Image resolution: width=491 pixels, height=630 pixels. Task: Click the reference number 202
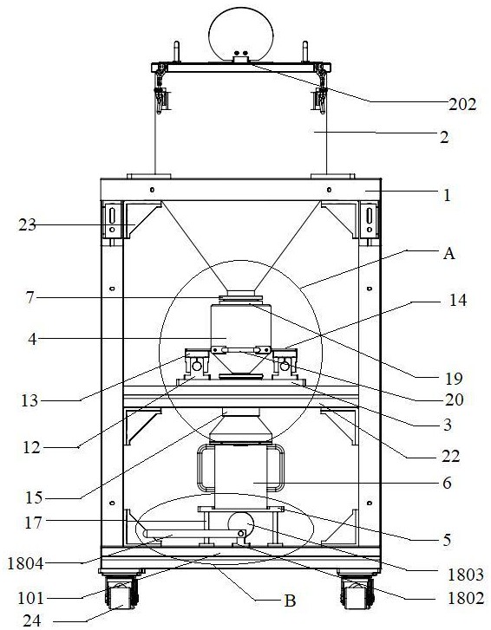(462, 105)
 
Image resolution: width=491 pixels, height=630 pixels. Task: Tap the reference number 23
(27, 225)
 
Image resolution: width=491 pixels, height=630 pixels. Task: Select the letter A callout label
(448, 254)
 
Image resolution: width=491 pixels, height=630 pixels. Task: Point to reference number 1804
(25, 563)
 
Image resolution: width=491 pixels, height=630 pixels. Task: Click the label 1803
(466, 575)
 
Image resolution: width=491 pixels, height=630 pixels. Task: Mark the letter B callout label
(290, 601)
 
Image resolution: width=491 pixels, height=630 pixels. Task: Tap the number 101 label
(30, 598)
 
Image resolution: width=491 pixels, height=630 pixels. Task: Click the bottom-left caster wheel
(121, 593)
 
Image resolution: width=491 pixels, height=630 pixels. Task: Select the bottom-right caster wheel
(357, 593)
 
